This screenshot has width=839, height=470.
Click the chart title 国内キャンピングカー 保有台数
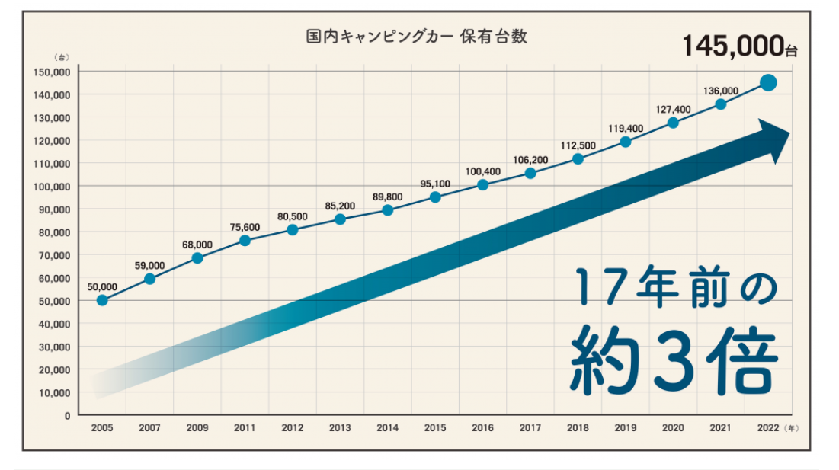click(416, 37)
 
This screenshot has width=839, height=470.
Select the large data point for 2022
click(768, 83)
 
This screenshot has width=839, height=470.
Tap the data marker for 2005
click(102, 300)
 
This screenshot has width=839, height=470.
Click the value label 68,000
click(197, 245)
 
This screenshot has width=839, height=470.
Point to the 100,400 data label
click(482, 171)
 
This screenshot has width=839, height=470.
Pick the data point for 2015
click(435, 197)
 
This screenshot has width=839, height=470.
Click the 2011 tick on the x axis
click(245, 428)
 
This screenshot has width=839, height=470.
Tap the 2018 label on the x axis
click(578, 428)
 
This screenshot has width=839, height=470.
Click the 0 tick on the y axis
click(67, 415)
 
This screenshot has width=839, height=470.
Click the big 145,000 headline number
click(734, 46)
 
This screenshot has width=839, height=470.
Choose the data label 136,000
click(720, 91)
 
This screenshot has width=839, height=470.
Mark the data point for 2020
click(673, 123)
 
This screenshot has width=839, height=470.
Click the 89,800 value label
click(388, 197)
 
